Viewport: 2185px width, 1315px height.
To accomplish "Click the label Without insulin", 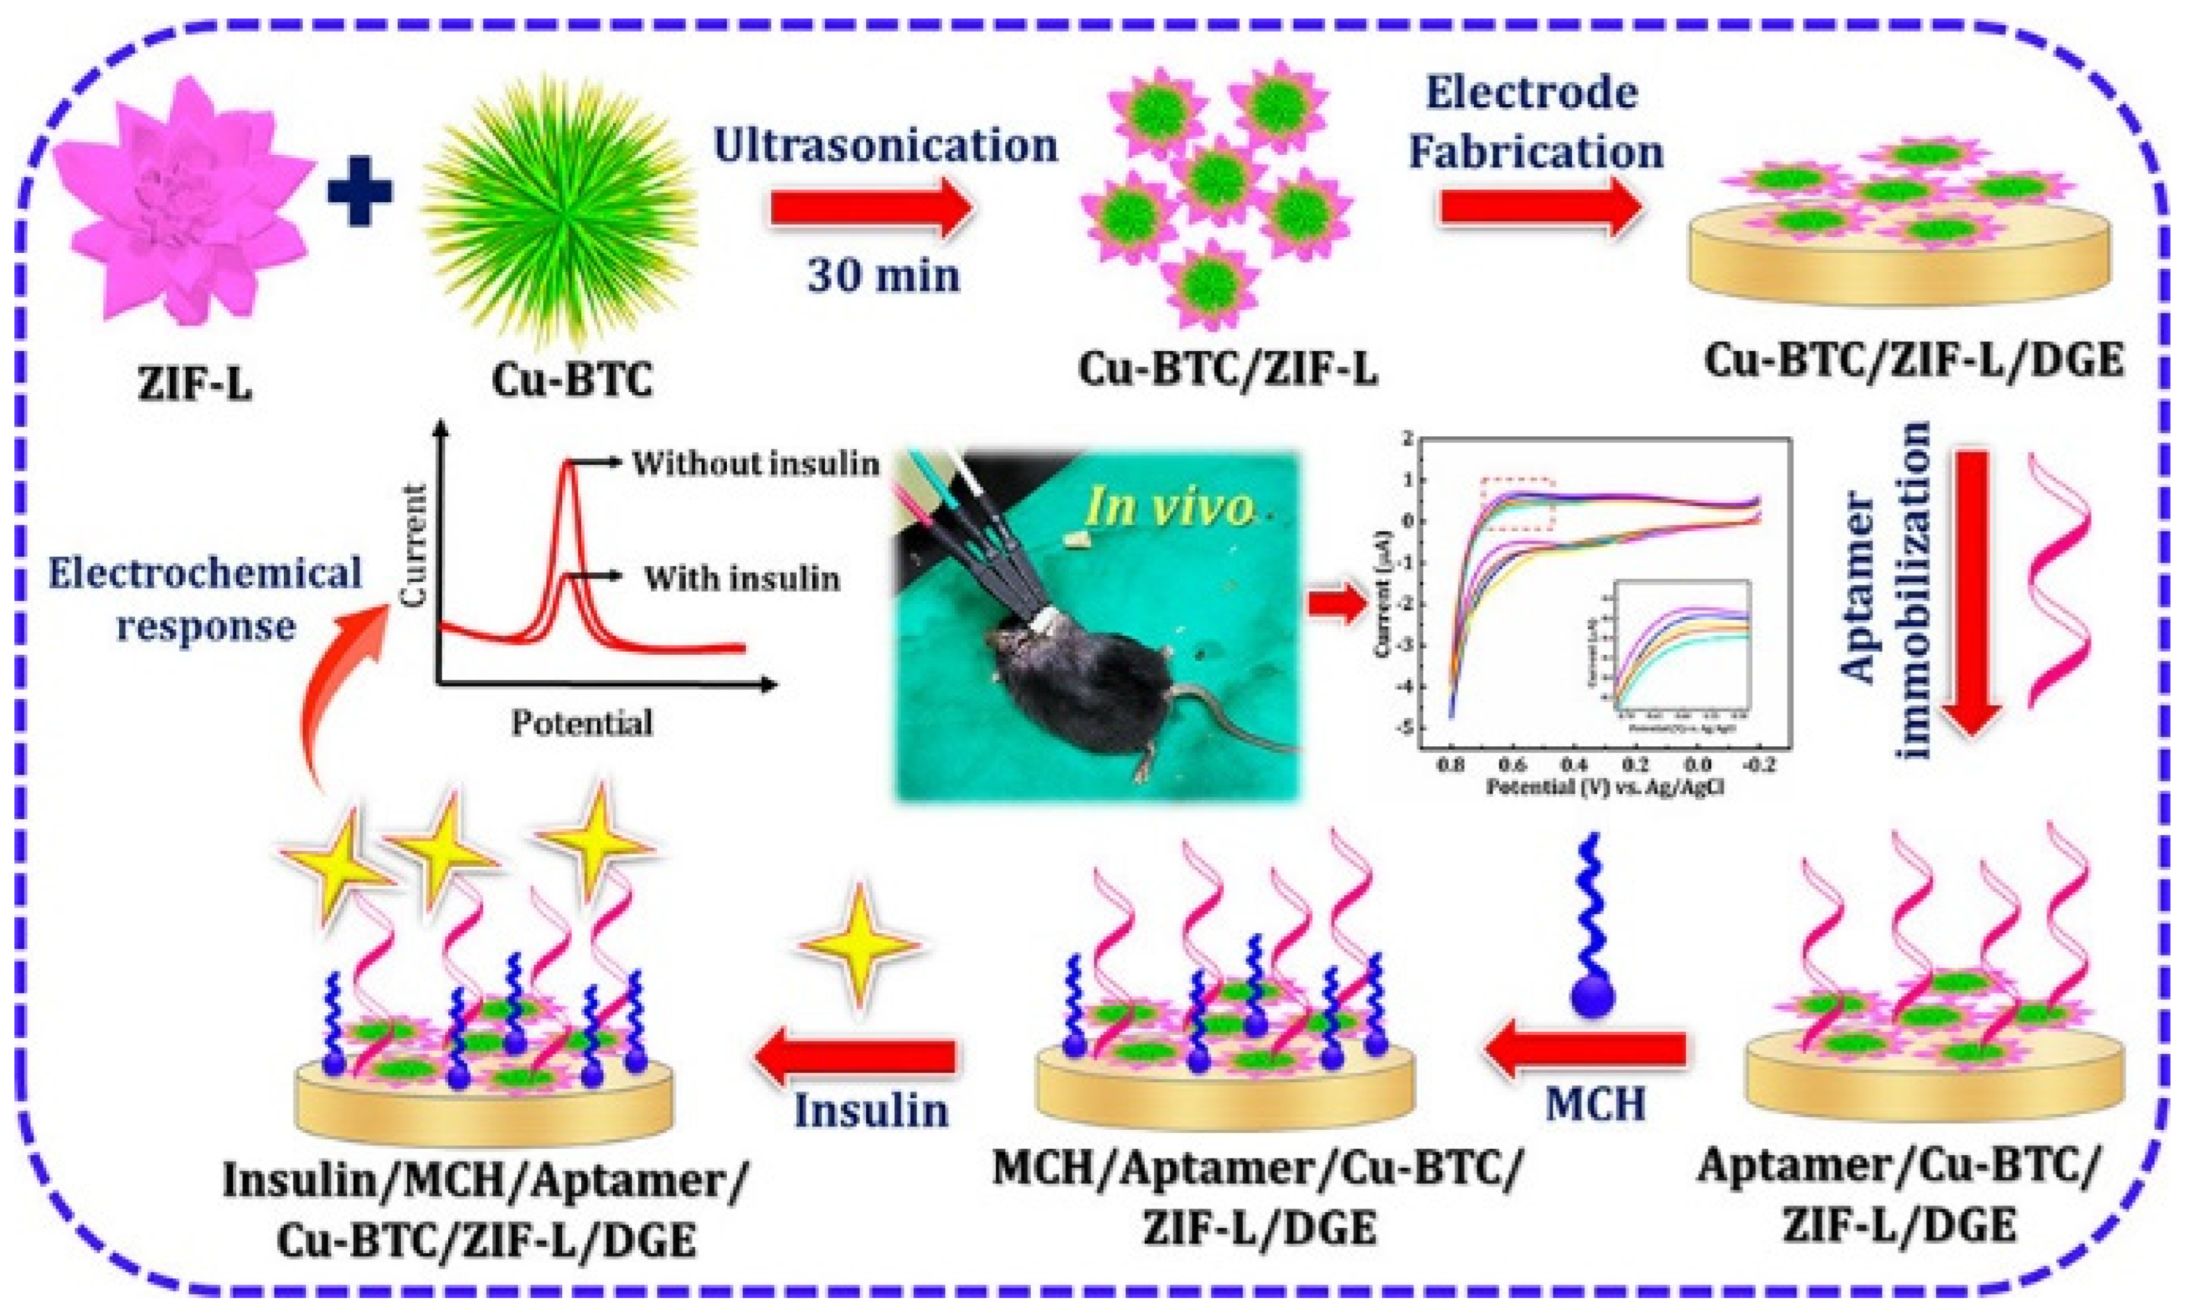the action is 755,463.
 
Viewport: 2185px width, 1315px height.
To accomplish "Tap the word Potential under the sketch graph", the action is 582,723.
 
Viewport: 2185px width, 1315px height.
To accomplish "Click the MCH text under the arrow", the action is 1594,1104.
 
